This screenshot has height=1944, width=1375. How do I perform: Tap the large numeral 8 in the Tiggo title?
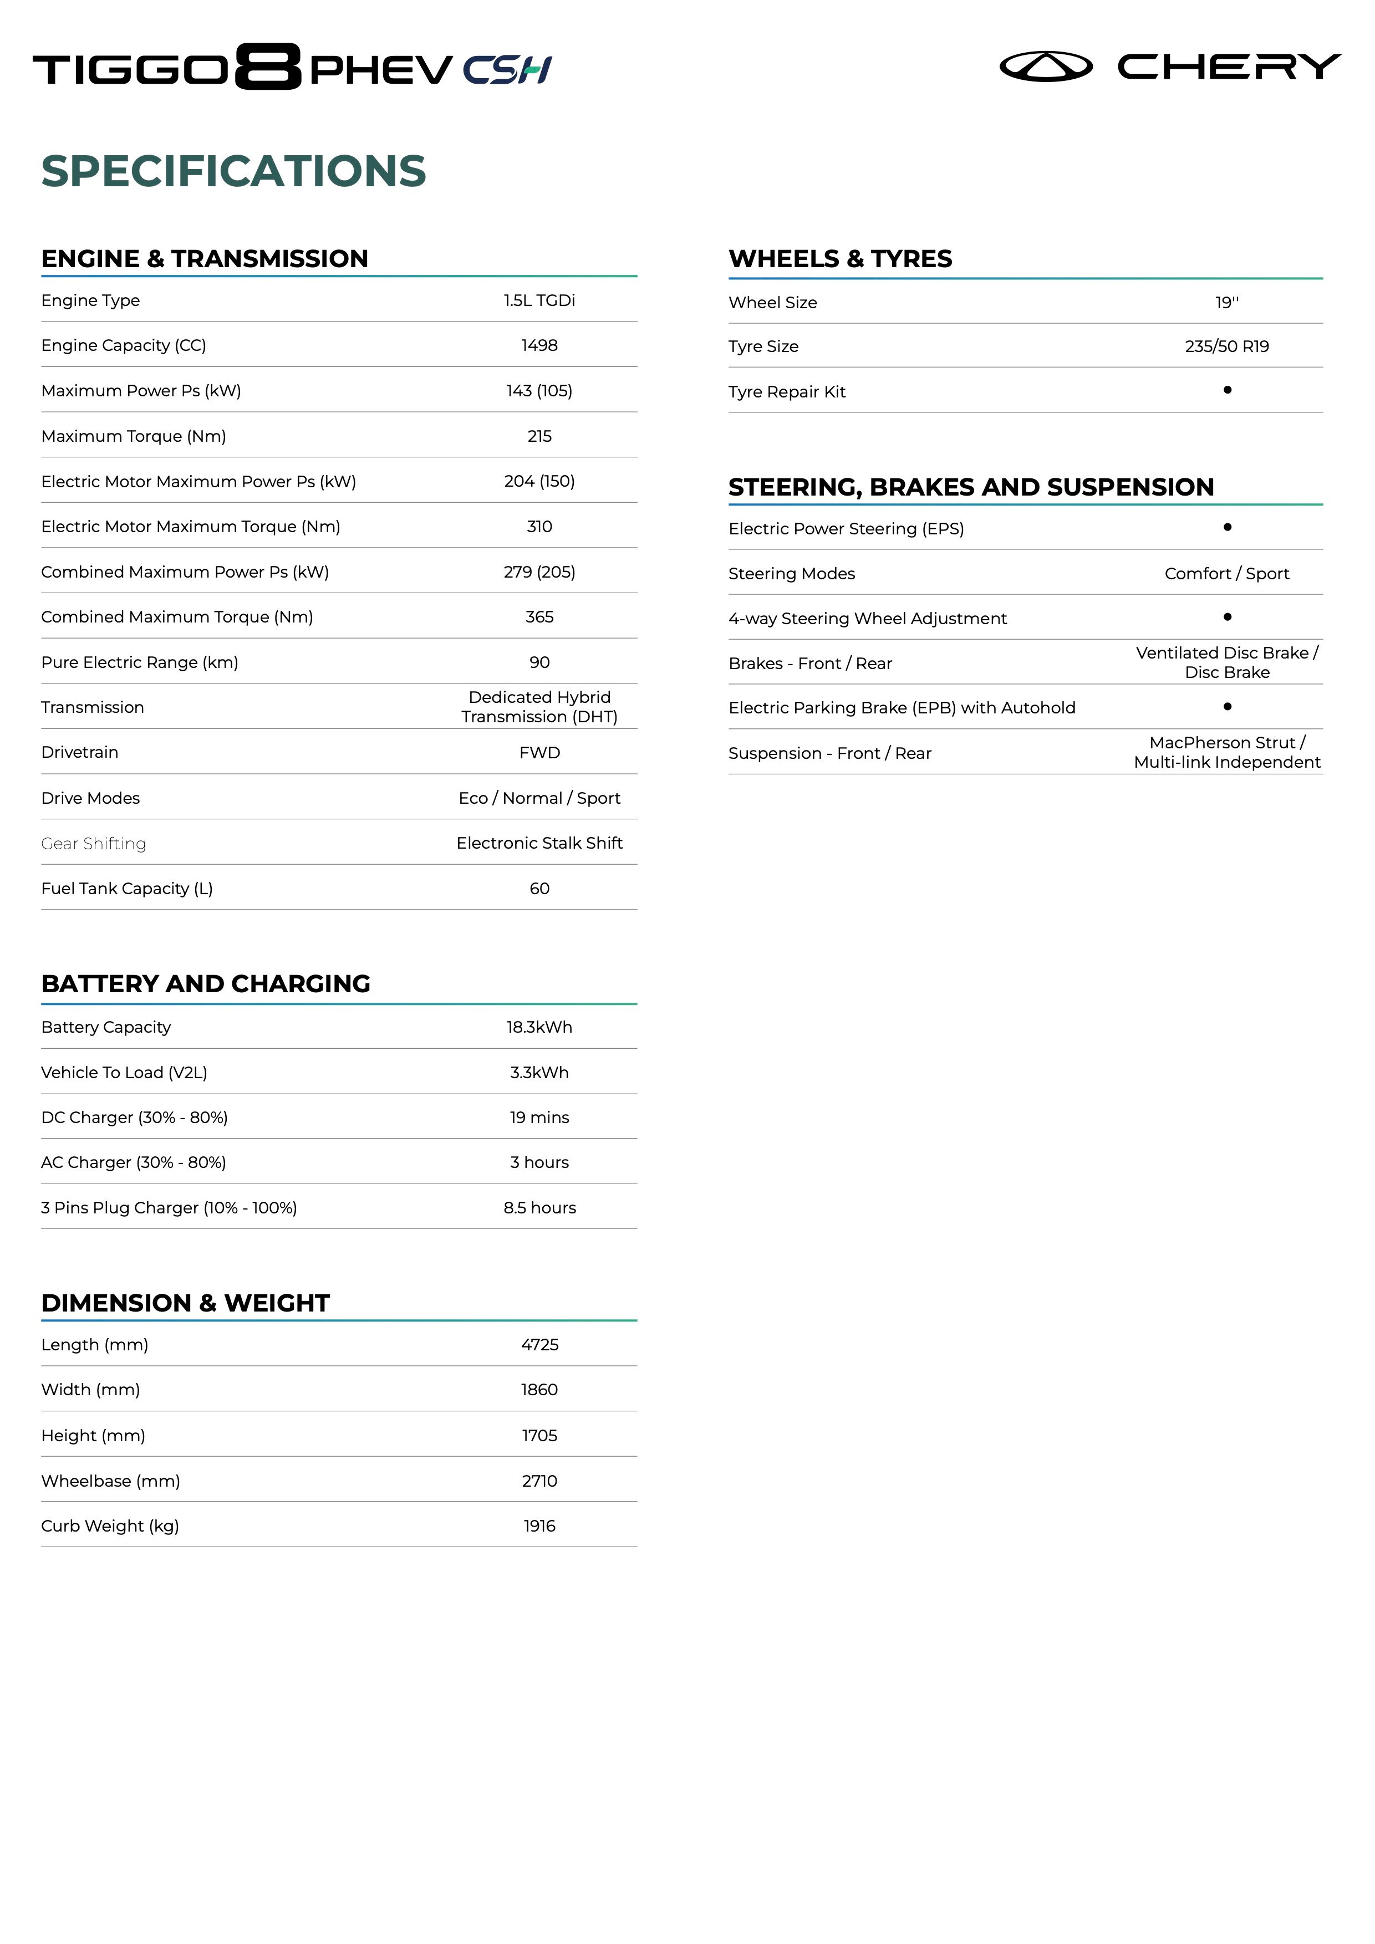[268, 67]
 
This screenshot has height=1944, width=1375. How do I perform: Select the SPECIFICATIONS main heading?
[233, 171]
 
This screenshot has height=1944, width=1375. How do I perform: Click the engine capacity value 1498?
[539, 345]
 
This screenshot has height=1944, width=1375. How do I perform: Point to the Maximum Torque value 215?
[539, 436]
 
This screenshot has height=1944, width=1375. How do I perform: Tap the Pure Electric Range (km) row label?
[140, 662]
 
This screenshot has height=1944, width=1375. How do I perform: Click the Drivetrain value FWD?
[539, 753]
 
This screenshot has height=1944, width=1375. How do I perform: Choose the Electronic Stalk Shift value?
[539, 843]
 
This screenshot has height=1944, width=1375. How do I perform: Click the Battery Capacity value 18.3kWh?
[539, 1027]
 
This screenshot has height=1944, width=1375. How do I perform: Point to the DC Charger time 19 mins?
[539, 1118]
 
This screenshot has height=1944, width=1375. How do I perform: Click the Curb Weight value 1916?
[539, 1525]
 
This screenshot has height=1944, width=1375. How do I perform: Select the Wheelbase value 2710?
[539, 1481]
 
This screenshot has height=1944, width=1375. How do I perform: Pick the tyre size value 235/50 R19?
[1227, 346]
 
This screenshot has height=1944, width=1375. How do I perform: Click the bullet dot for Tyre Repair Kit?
[1227, 390]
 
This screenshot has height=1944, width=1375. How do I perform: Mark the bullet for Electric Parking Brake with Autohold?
[1227, 706]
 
